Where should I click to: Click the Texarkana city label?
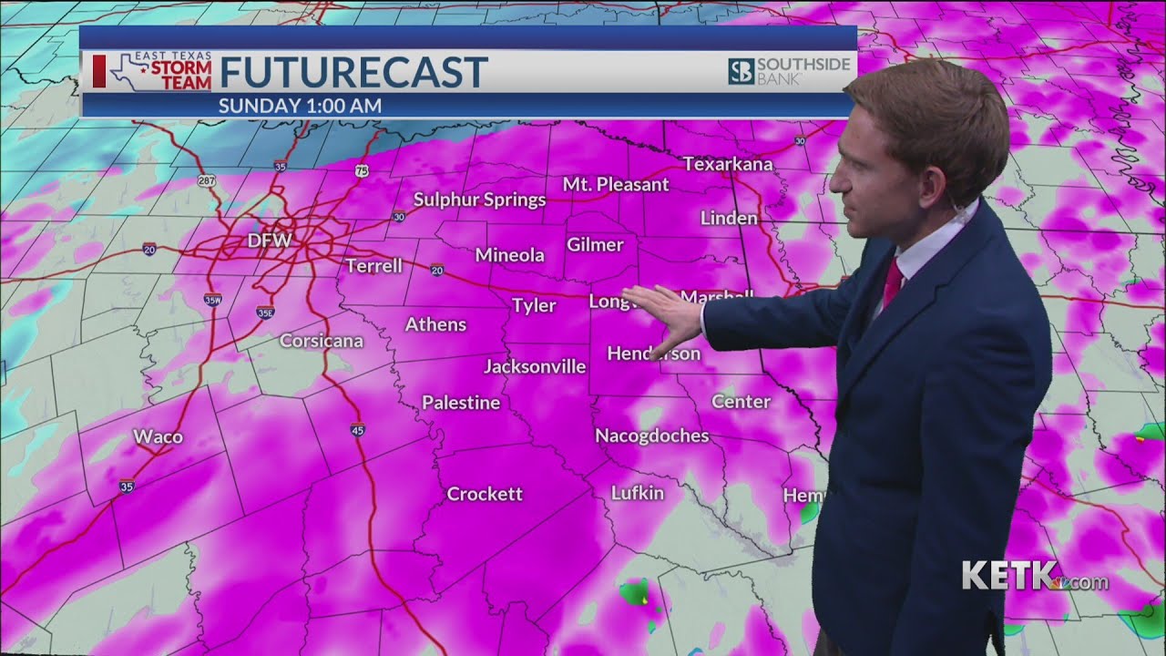727,164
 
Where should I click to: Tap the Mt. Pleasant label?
615,184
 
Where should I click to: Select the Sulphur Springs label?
479,200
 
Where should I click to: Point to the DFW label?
270,241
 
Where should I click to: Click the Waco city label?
158,436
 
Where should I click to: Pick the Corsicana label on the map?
321,341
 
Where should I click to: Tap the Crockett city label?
484,494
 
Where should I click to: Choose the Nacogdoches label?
651,436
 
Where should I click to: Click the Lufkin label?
637,493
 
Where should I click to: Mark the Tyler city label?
533,305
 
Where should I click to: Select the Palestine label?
460,402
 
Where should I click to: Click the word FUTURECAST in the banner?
353,72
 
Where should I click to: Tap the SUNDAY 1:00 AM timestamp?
300,106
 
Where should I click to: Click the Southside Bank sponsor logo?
789,71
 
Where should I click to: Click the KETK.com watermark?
1034,577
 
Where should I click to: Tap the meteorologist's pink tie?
892,283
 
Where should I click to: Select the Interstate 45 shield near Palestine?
358,429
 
